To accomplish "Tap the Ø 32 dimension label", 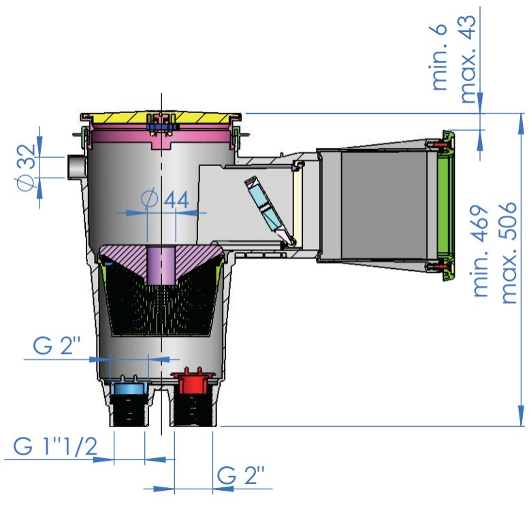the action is (27, 167).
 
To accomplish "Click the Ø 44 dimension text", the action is (165, 199).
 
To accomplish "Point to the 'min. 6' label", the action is (439, 57).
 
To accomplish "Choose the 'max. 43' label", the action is (468, 59).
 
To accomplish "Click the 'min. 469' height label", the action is (481, 251).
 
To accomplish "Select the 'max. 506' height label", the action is (508, 253).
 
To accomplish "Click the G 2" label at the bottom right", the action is (240, 475).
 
